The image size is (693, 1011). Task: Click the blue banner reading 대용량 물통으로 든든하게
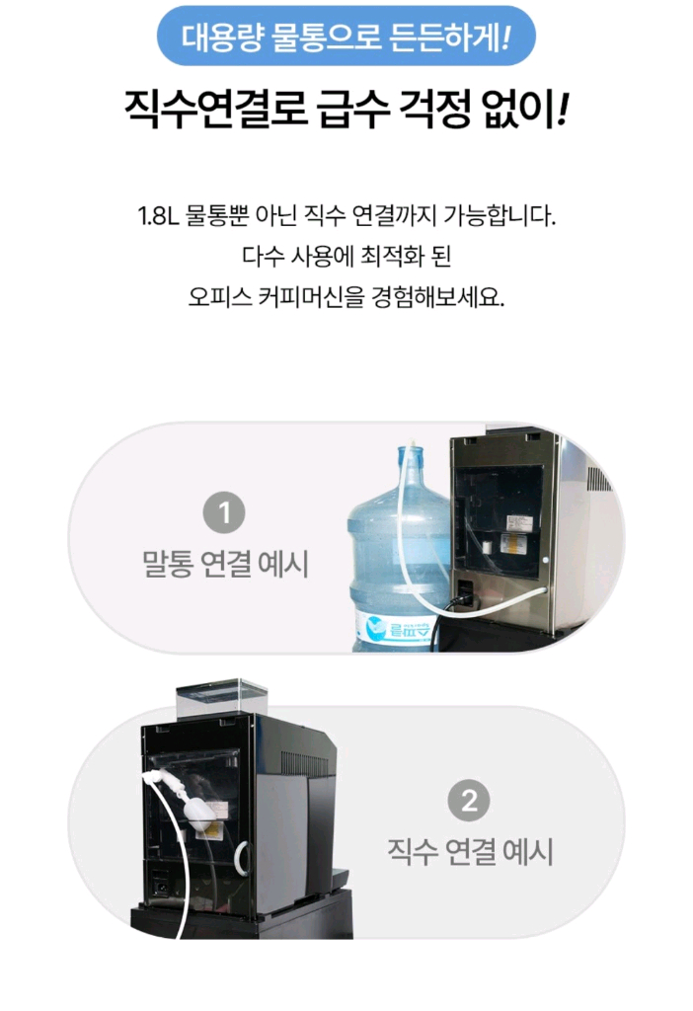tap(346, 37)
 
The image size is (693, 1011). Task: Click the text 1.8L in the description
tap(157, 216)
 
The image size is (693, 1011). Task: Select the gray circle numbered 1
tap(224, 513)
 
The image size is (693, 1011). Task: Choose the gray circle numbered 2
tap(469, 800)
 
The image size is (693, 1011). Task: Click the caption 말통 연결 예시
tap(225, 564)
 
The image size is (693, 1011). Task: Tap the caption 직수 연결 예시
tap(470, 851)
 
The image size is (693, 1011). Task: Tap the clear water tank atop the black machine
tap(222, 698)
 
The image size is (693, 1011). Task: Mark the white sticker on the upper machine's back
tap(512, 544)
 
